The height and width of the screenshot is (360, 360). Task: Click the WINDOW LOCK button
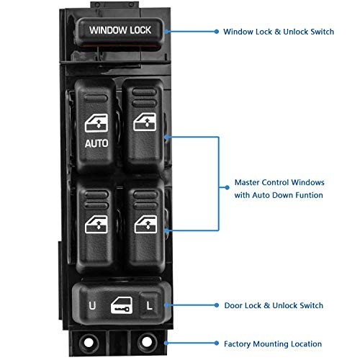pyautogui.click(x=120, y=31)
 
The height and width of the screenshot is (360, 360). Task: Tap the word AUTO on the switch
pyautogui.click(x=96, y=143)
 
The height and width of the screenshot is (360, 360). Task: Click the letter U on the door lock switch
pyautogui.click(x=92, y=305)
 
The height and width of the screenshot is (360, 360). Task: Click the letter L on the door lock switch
pyautogui.click(x=149, y=305)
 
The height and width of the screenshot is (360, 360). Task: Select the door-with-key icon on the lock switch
pyautogui.click(x=122, y=305)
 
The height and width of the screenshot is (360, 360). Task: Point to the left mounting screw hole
pyautogui.click(x=89, y=343)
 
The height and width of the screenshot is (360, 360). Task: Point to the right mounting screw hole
pyautogui.click(x=147, y=342)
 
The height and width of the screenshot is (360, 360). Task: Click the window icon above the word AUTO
pyautogui.click(x=96, y=123)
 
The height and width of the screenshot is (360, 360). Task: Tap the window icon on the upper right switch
pyautogui.click(x=145, y=122)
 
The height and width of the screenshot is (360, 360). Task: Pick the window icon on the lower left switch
pyautogui.click(x=96, y=225)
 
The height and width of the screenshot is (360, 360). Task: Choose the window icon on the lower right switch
pyautogui.click(x=145, y=225)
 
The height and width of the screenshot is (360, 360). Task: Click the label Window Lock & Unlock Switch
pyautogui.click(x=279, y=32)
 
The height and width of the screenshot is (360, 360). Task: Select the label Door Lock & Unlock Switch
pyautogui.click(x=274, y=305)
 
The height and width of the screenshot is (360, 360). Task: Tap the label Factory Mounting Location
pyautogui.click(x=273, y=344)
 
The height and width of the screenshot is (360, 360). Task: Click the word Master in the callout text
pyautogui.click(x=247, y=182)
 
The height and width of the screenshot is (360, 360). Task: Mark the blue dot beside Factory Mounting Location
pyautogui.click(x=216, y=343)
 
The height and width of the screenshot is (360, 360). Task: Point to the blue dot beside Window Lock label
pyautogui.click(x=216, y=32)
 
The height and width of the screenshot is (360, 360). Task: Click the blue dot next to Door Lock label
pyautogui.click(x=216, y=305)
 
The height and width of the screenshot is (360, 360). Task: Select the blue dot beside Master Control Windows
pyautogui.click(x=227, y=187)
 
